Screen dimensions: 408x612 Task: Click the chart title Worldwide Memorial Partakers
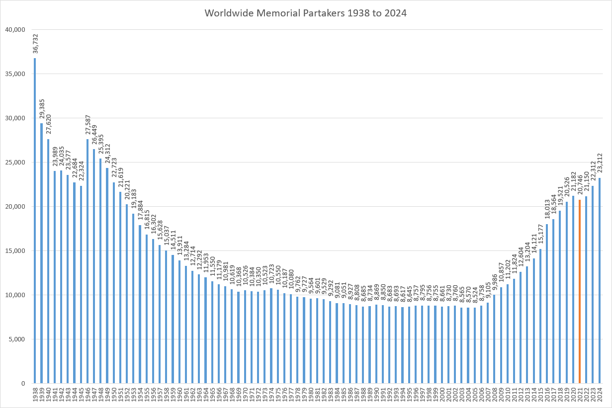tap(306, 13)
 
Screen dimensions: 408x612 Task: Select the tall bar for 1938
tap(35, 221)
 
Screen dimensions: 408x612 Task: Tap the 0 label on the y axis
tap(22, 384)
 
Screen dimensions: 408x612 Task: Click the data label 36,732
tap(35, 44)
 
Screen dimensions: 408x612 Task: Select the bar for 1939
tap(42, 253)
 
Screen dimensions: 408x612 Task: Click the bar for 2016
tap(546, 304)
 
